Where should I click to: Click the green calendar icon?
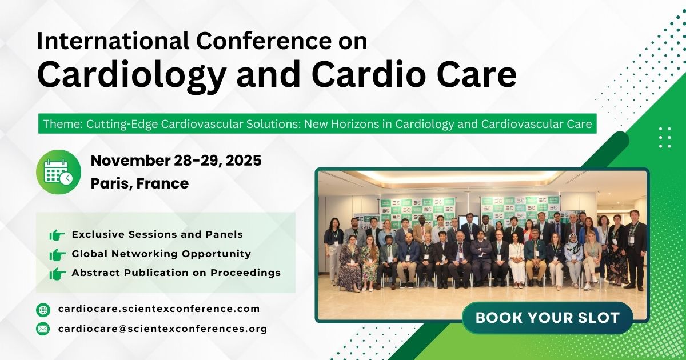click(x=58, y=171)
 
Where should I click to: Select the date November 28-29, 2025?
click(x=176, y=161)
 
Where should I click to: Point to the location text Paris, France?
click(x=139, y=184)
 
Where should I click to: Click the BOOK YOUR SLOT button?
click(x=547, y=318)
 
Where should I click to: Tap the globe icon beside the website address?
click(x=43, y=310)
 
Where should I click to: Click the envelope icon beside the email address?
click(x=43, y=329)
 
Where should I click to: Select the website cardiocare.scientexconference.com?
click(x=159, y=309)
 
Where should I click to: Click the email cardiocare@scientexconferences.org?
click(x=162, y=329)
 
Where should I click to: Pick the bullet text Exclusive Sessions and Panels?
click(x=157, y=234)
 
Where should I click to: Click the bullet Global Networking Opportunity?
click(x=161, y=254)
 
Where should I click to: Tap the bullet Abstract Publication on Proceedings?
click(x=176, y=273)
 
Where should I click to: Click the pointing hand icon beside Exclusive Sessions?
click(x=57, y=235)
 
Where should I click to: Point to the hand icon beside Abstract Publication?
click(x=57, y=273)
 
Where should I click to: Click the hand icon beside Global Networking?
click(x=57, y=254)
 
